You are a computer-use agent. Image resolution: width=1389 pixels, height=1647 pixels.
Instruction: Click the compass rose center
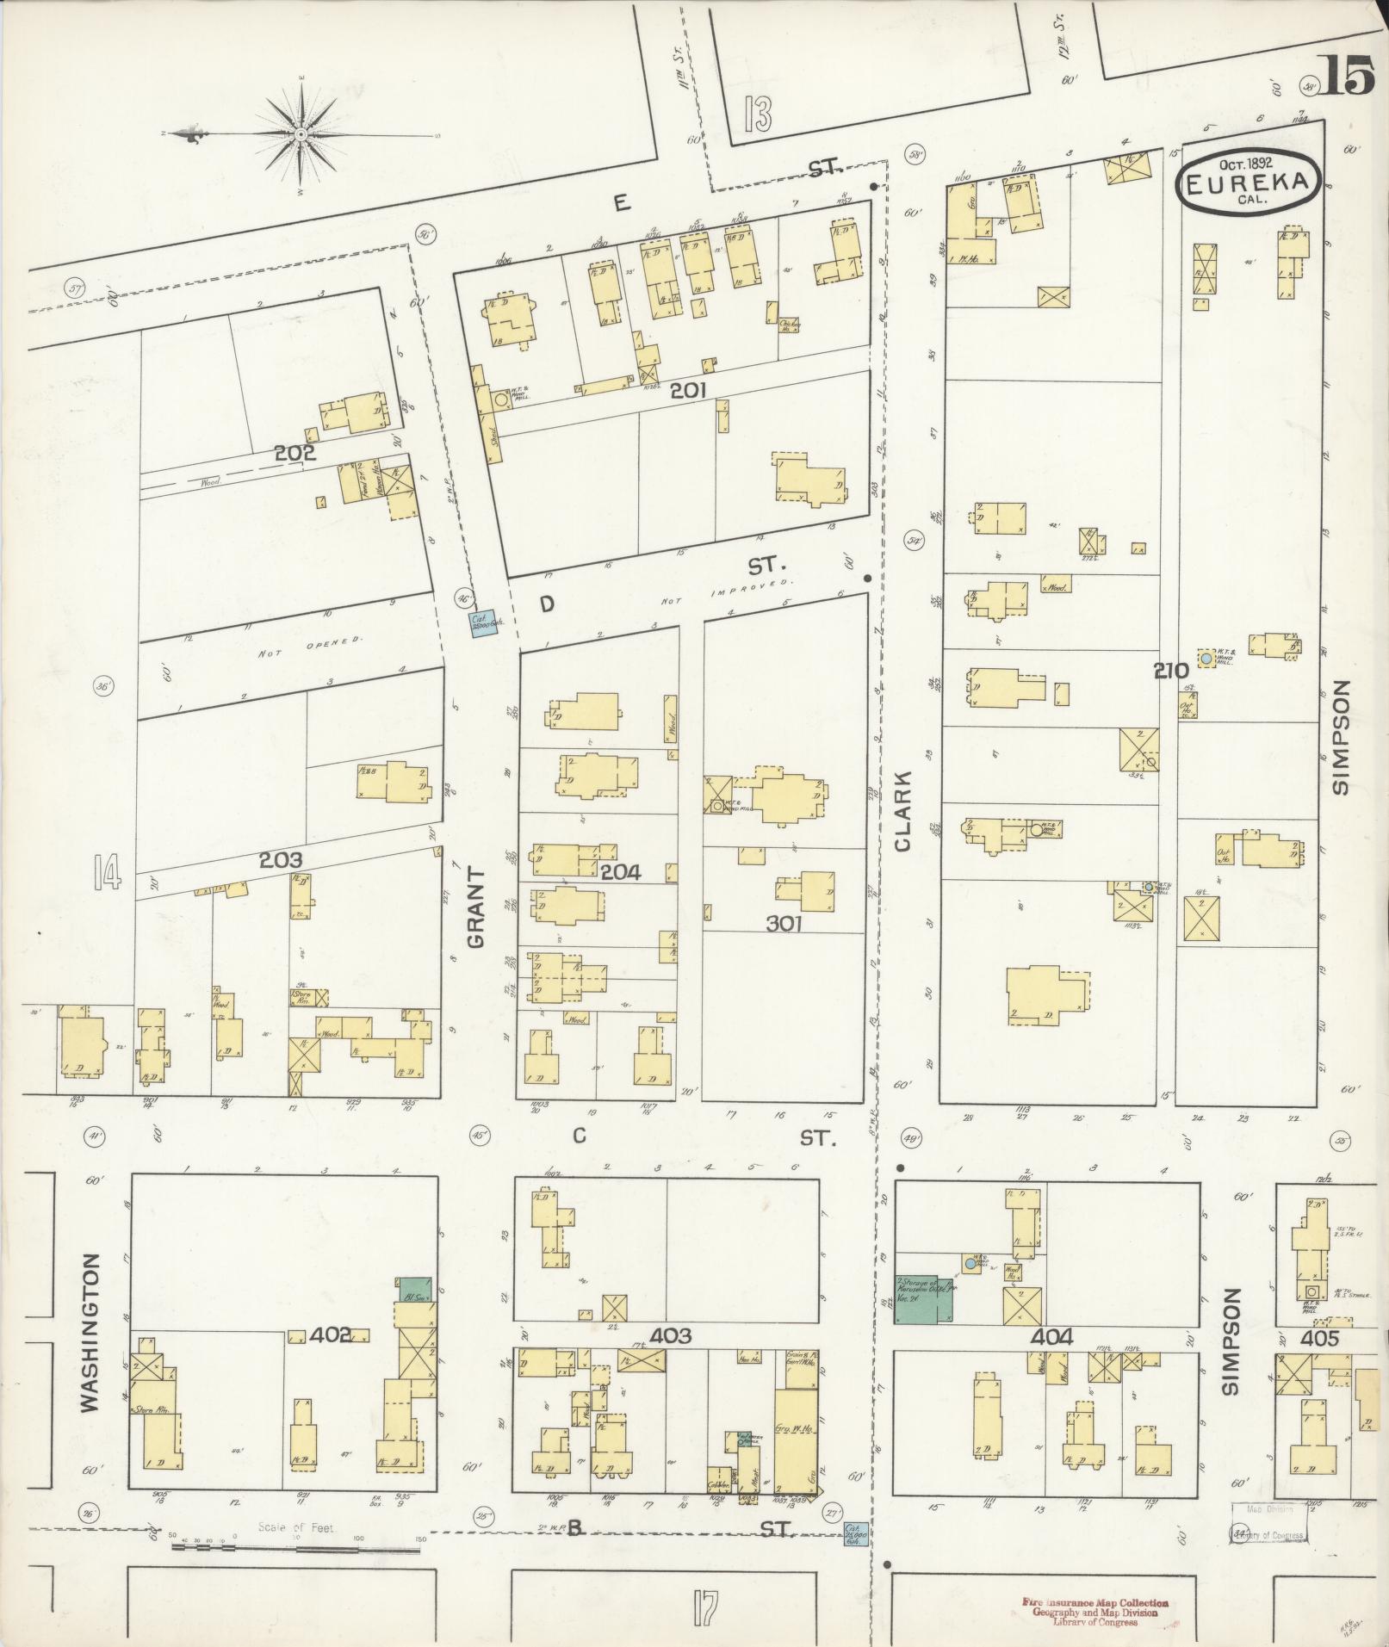pos(301,135)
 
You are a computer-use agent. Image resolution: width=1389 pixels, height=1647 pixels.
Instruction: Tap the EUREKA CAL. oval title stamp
pos(1248,182)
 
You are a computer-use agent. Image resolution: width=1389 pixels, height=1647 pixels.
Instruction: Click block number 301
pos(784,924)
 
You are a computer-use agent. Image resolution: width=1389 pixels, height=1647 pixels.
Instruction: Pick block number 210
pos(1172,669)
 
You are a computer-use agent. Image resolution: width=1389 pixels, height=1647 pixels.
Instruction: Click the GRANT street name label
pos(476,907)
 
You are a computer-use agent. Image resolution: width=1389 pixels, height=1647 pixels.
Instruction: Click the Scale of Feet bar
pos(295,1547)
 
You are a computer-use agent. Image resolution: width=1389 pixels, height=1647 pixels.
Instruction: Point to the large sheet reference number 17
pos(704,1607)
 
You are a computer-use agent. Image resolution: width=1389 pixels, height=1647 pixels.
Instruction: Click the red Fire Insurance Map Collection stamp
pos(1094,1611)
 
